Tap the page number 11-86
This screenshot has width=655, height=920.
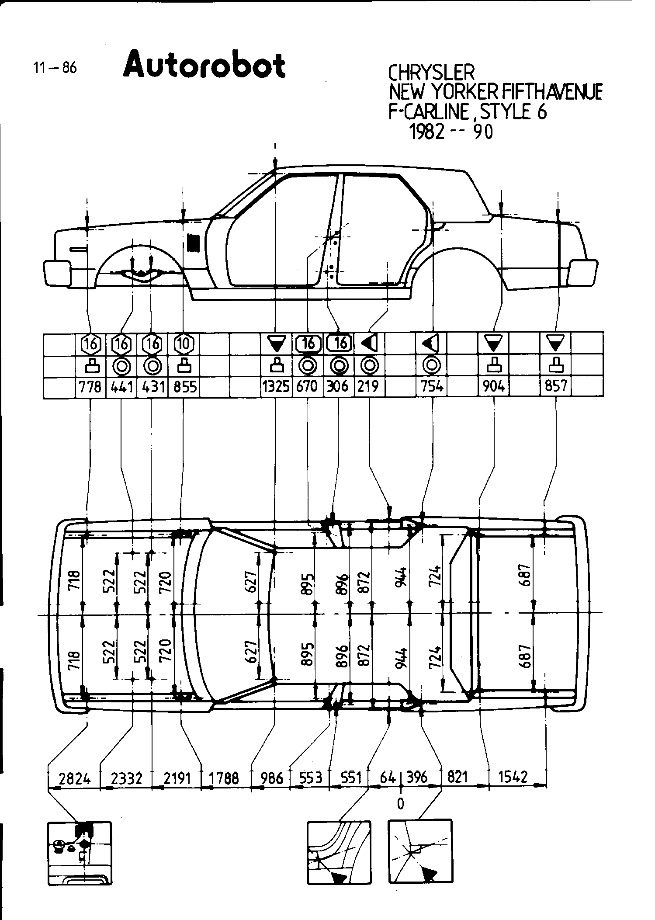pos(55,68)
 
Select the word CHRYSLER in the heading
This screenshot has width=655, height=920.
pos(431,73)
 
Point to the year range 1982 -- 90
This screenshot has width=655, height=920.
pos(451,131)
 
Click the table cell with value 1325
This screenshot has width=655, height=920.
pos(276,387)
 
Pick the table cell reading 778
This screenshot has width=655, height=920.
pos(91,387)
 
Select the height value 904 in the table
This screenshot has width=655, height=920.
pos(494,387)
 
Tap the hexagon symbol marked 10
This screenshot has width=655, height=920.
pos(184,344)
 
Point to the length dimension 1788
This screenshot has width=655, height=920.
pos(224,778)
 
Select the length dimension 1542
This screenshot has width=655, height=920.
pos(513,777)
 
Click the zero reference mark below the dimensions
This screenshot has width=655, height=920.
pos(401,803)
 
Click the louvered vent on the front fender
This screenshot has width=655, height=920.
pos(194,243)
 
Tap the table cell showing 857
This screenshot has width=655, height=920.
pos(556,387)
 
